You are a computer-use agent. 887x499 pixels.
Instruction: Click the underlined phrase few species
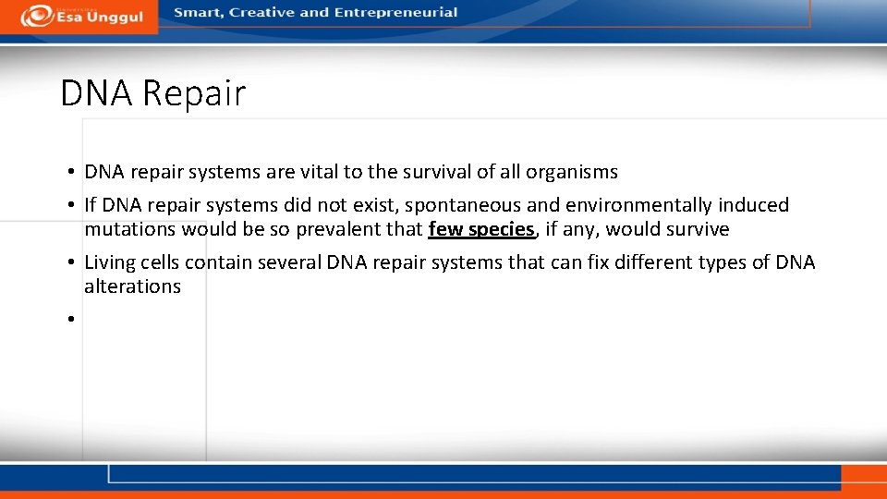click(x=481, y=229)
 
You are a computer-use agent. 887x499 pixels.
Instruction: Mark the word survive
click(x=697, y=229)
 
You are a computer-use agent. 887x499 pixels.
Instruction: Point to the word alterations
click(x=132, y=286)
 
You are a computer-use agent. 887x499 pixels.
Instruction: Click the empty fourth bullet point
click(x=70, y=320)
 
